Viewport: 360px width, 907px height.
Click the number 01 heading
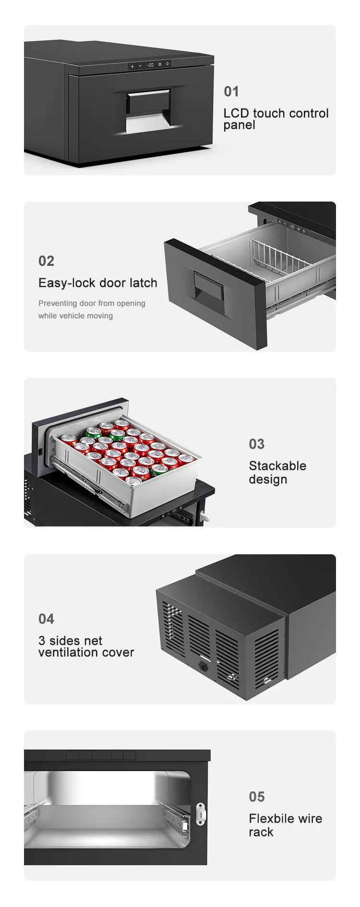coord(231,92)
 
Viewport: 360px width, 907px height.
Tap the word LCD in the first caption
coord(236,113)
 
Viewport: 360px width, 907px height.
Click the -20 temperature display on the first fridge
coord(150,64)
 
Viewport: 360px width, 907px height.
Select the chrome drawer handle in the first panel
coord(148,110)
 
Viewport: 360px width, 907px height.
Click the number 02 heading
coord(47,261)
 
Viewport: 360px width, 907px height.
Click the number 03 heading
coord(257,444)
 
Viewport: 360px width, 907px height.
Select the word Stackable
coord(277,466)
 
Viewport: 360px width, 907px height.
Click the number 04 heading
coord(47,619)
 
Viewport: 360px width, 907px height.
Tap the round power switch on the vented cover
coord(203,666)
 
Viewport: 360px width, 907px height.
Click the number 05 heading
coord(257,797)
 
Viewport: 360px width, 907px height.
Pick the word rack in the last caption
coord(261,833)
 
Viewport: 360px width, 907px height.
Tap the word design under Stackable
coord(268,479)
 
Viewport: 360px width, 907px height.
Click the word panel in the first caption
coord(239,125)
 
